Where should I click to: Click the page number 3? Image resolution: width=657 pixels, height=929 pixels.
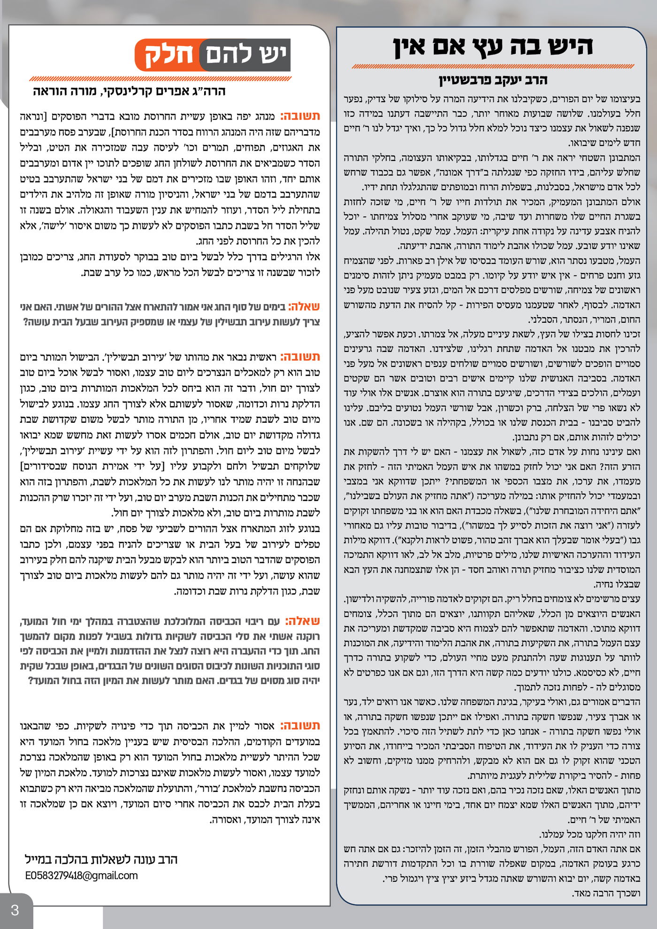[15, 911]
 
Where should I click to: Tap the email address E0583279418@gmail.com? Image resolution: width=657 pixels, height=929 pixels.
[82, 876]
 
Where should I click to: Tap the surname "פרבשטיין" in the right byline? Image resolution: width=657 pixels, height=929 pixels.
[471, 80]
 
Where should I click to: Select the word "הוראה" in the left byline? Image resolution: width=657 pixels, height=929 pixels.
[51, 91]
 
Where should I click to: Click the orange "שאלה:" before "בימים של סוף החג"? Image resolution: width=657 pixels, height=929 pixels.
[304, 307]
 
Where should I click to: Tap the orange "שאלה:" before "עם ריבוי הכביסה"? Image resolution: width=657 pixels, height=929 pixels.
[304, 621]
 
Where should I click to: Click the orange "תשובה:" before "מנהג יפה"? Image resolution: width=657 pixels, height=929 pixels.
[300, 116]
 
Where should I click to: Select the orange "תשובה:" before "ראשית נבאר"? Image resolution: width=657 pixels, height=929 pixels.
[300, 357]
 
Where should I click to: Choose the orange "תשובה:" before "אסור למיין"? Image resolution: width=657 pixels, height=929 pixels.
[300, 725]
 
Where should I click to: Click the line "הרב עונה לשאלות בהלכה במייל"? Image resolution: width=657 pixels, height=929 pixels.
[101, 860]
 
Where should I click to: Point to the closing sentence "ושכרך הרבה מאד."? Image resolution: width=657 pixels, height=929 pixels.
[606, 893]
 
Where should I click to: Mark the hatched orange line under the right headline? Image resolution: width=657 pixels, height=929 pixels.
[492, 67]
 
